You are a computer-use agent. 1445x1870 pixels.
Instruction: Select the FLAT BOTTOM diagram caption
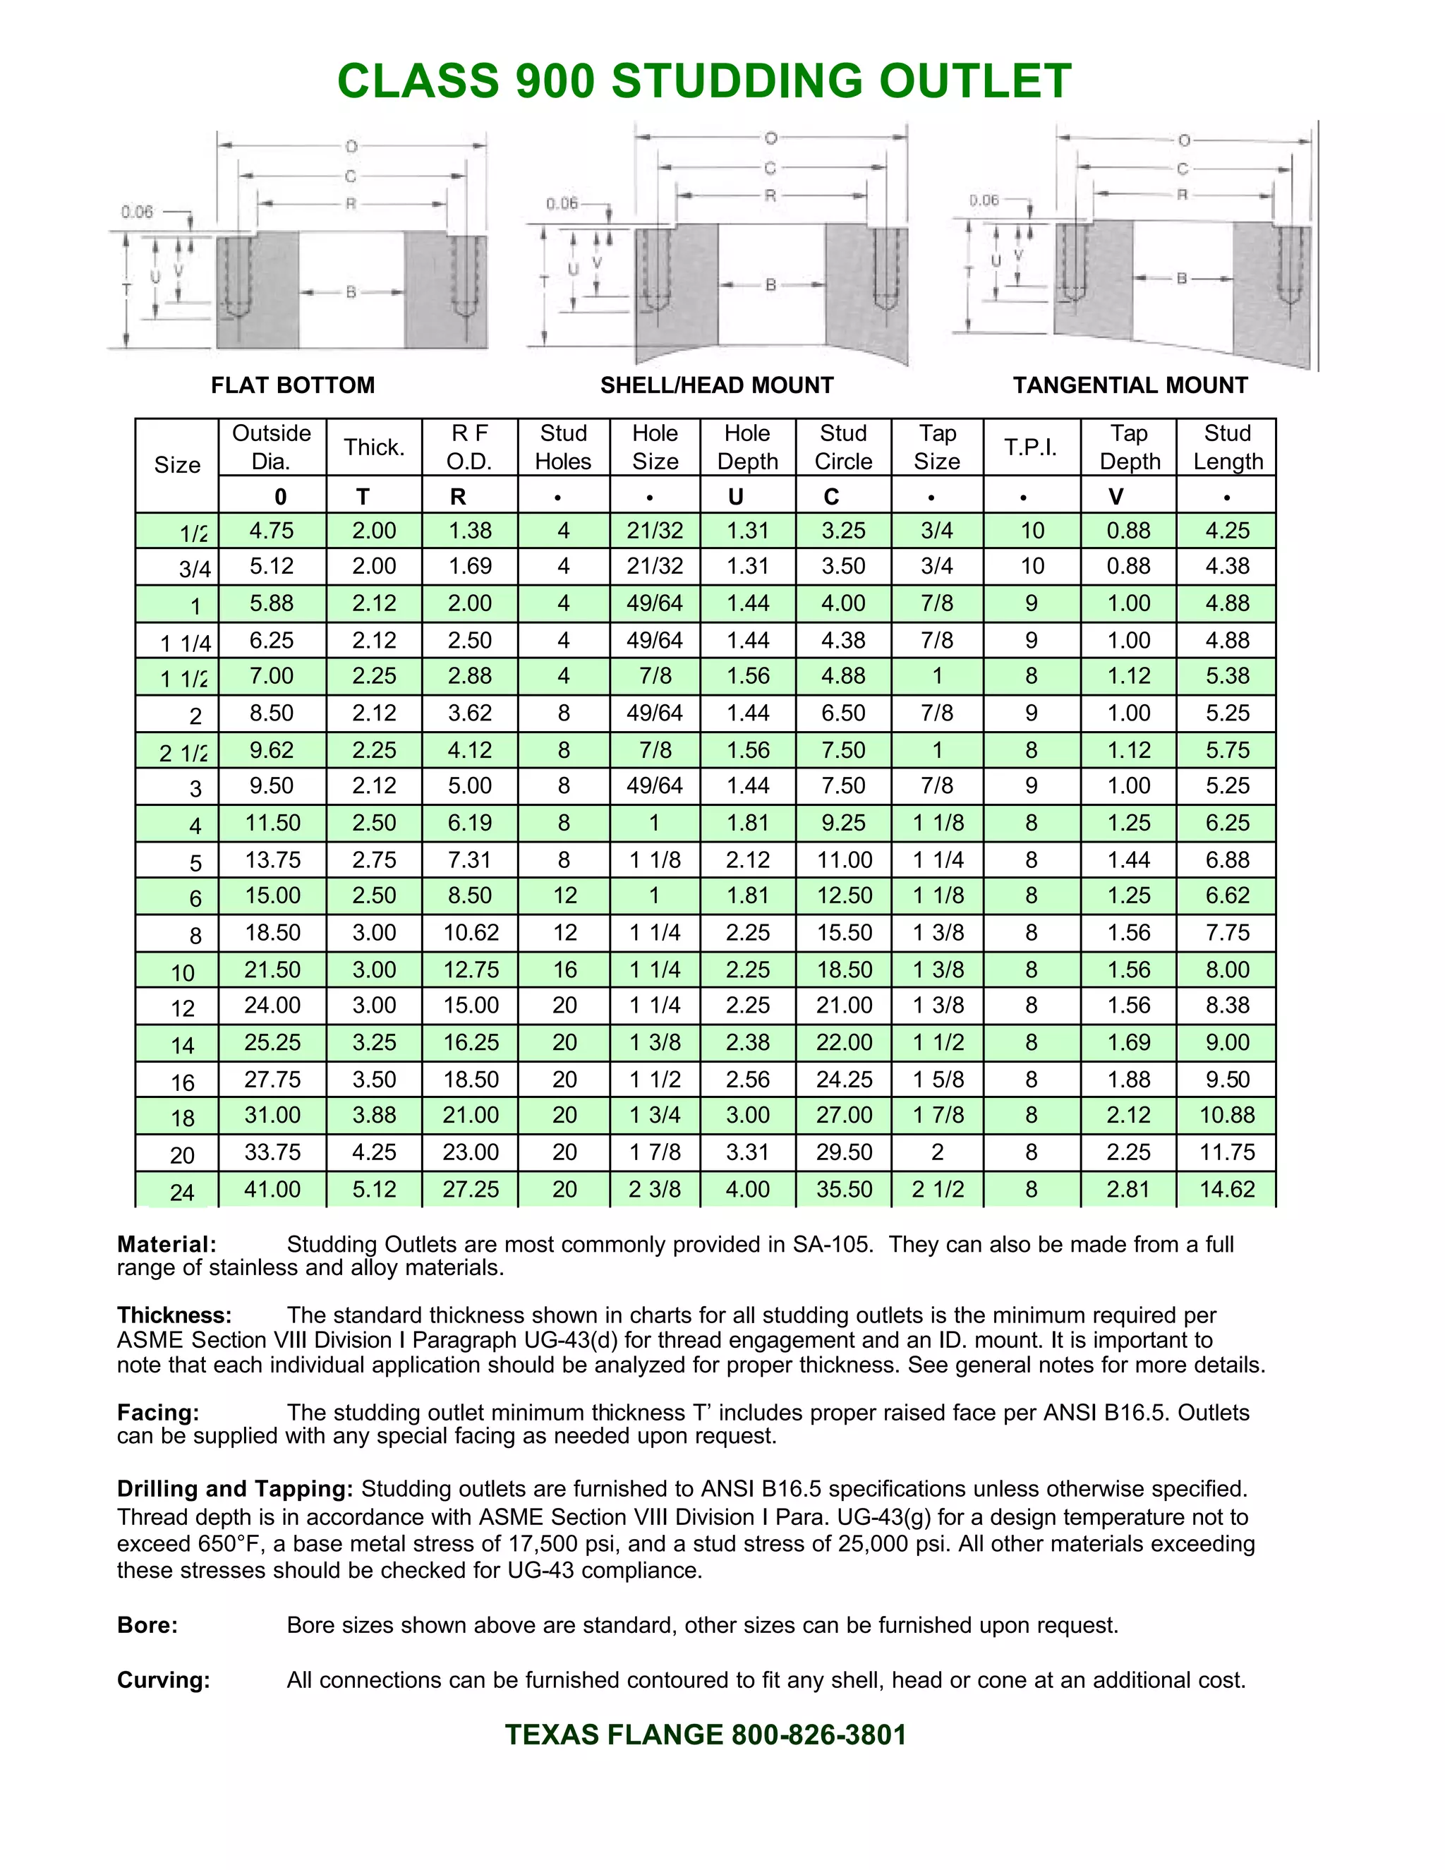pyautogui.click(x=293, y=385)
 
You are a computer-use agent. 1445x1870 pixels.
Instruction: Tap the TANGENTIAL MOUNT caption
pyautogui.click(x=1130, y=385)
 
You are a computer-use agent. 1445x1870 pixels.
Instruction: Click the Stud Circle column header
pyautogui.click(x=843, y=447)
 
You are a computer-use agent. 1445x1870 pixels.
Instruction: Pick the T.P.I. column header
pyautogui.click(x=1031, y=447)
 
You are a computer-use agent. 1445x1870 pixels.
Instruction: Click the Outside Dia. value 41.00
pyautogui.click(x=272, y=1189)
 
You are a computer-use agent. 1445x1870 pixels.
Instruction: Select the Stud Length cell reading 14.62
pyautogui.click(x=1227, y=1189)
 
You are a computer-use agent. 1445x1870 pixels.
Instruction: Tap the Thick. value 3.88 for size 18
pyautogui.click(x=374, y=1115)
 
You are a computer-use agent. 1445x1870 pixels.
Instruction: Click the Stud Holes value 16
pyautogui.click(x=564, y=970)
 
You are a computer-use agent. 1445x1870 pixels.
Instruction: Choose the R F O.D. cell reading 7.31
pyautogui.click(x=470, y=859)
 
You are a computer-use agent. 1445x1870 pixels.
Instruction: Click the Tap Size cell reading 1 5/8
pyautogui.click(x=938, y=1079)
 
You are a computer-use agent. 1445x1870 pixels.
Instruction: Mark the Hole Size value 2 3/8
pyautogui.click(x=655, y=1189)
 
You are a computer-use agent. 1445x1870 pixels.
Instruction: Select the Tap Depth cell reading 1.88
pyautogui.click(x=1128, y=1079)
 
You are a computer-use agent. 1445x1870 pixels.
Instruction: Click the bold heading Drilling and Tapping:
pyautogui.click(x=234, y=1489)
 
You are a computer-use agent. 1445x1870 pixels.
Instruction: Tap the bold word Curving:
pyautogui.click(x=164, y=1680)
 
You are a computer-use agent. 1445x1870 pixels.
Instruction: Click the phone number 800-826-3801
pyautogui.click(x=818, y=1735)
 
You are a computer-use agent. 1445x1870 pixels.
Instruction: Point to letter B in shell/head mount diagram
pyautogui.click(x=770, y=285)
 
